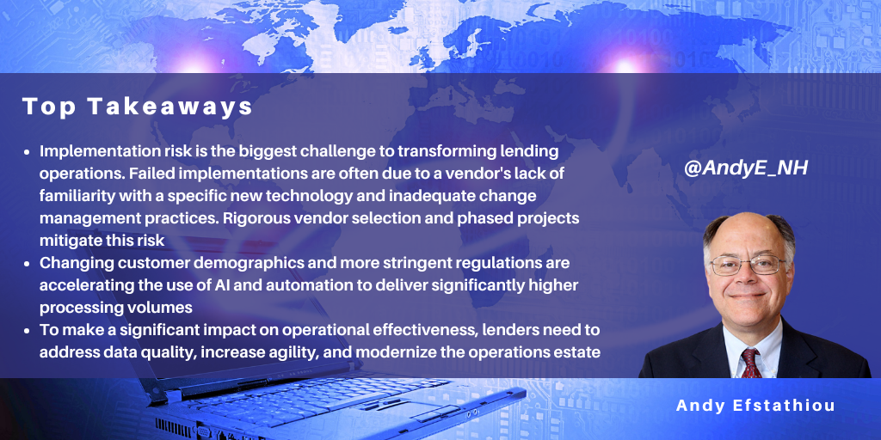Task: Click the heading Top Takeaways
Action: pyautogui.click(x=138, y=107)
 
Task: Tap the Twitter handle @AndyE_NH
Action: pyautogui.click(x=746, y=168)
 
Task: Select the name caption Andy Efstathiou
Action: pyautogui.click(x=755, y=406)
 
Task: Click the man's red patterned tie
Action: pyautogui.click(x=750, y=364)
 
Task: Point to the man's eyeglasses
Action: pyautogui.click(x=748, y=265)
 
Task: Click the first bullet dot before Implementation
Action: pyautogui.click(x=28, y=152)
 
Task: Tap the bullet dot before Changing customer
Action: pyautogui.click(x=28, y=263)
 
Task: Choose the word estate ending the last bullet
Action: pyautogui.click(x=583, y=351)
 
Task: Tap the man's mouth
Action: pyautogui.click(x=748, y=296)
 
